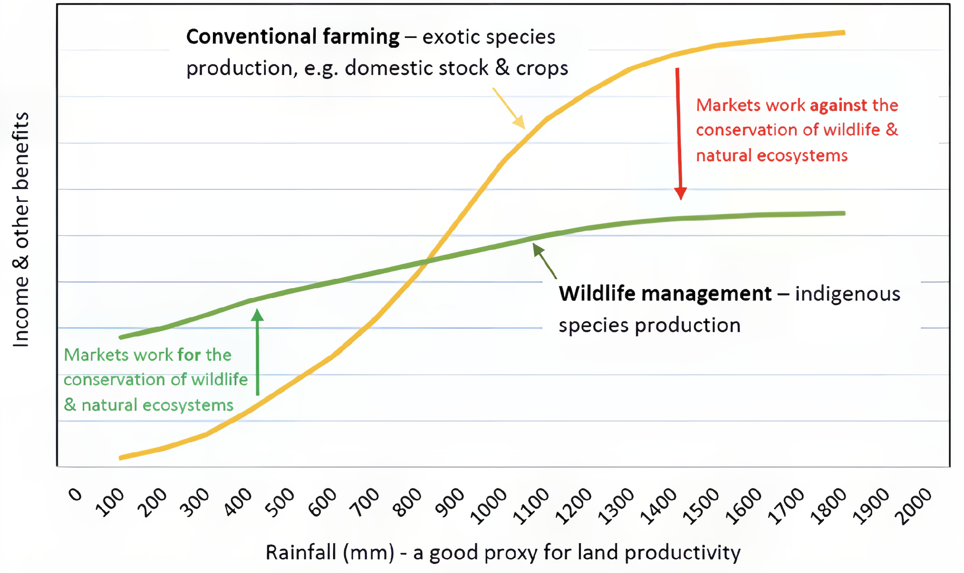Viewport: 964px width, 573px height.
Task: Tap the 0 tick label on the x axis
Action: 76,494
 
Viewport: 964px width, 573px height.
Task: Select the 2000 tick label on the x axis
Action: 913,506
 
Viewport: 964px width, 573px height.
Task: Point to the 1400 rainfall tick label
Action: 658,506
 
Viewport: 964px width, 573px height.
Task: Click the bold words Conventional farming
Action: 293,37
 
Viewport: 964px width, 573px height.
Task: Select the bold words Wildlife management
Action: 665,293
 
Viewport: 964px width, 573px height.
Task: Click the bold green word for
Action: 189,355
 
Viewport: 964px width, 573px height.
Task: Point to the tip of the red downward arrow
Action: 681,198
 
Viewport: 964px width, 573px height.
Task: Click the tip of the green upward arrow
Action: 257,311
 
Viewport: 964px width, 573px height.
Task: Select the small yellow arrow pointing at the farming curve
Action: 509,108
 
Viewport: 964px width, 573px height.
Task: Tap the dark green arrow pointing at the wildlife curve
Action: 545,261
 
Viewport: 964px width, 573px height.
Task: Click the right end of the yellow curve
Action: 843,33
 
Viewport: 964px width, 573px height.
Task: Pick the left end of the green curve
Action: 120,337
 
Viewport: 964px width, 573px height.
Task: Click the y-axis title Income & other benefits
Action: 21,229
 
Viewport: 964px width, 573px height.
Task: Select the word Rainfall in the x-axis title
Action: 301,552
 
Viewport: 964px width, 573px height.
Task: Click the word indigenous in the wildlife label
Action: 847,293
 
